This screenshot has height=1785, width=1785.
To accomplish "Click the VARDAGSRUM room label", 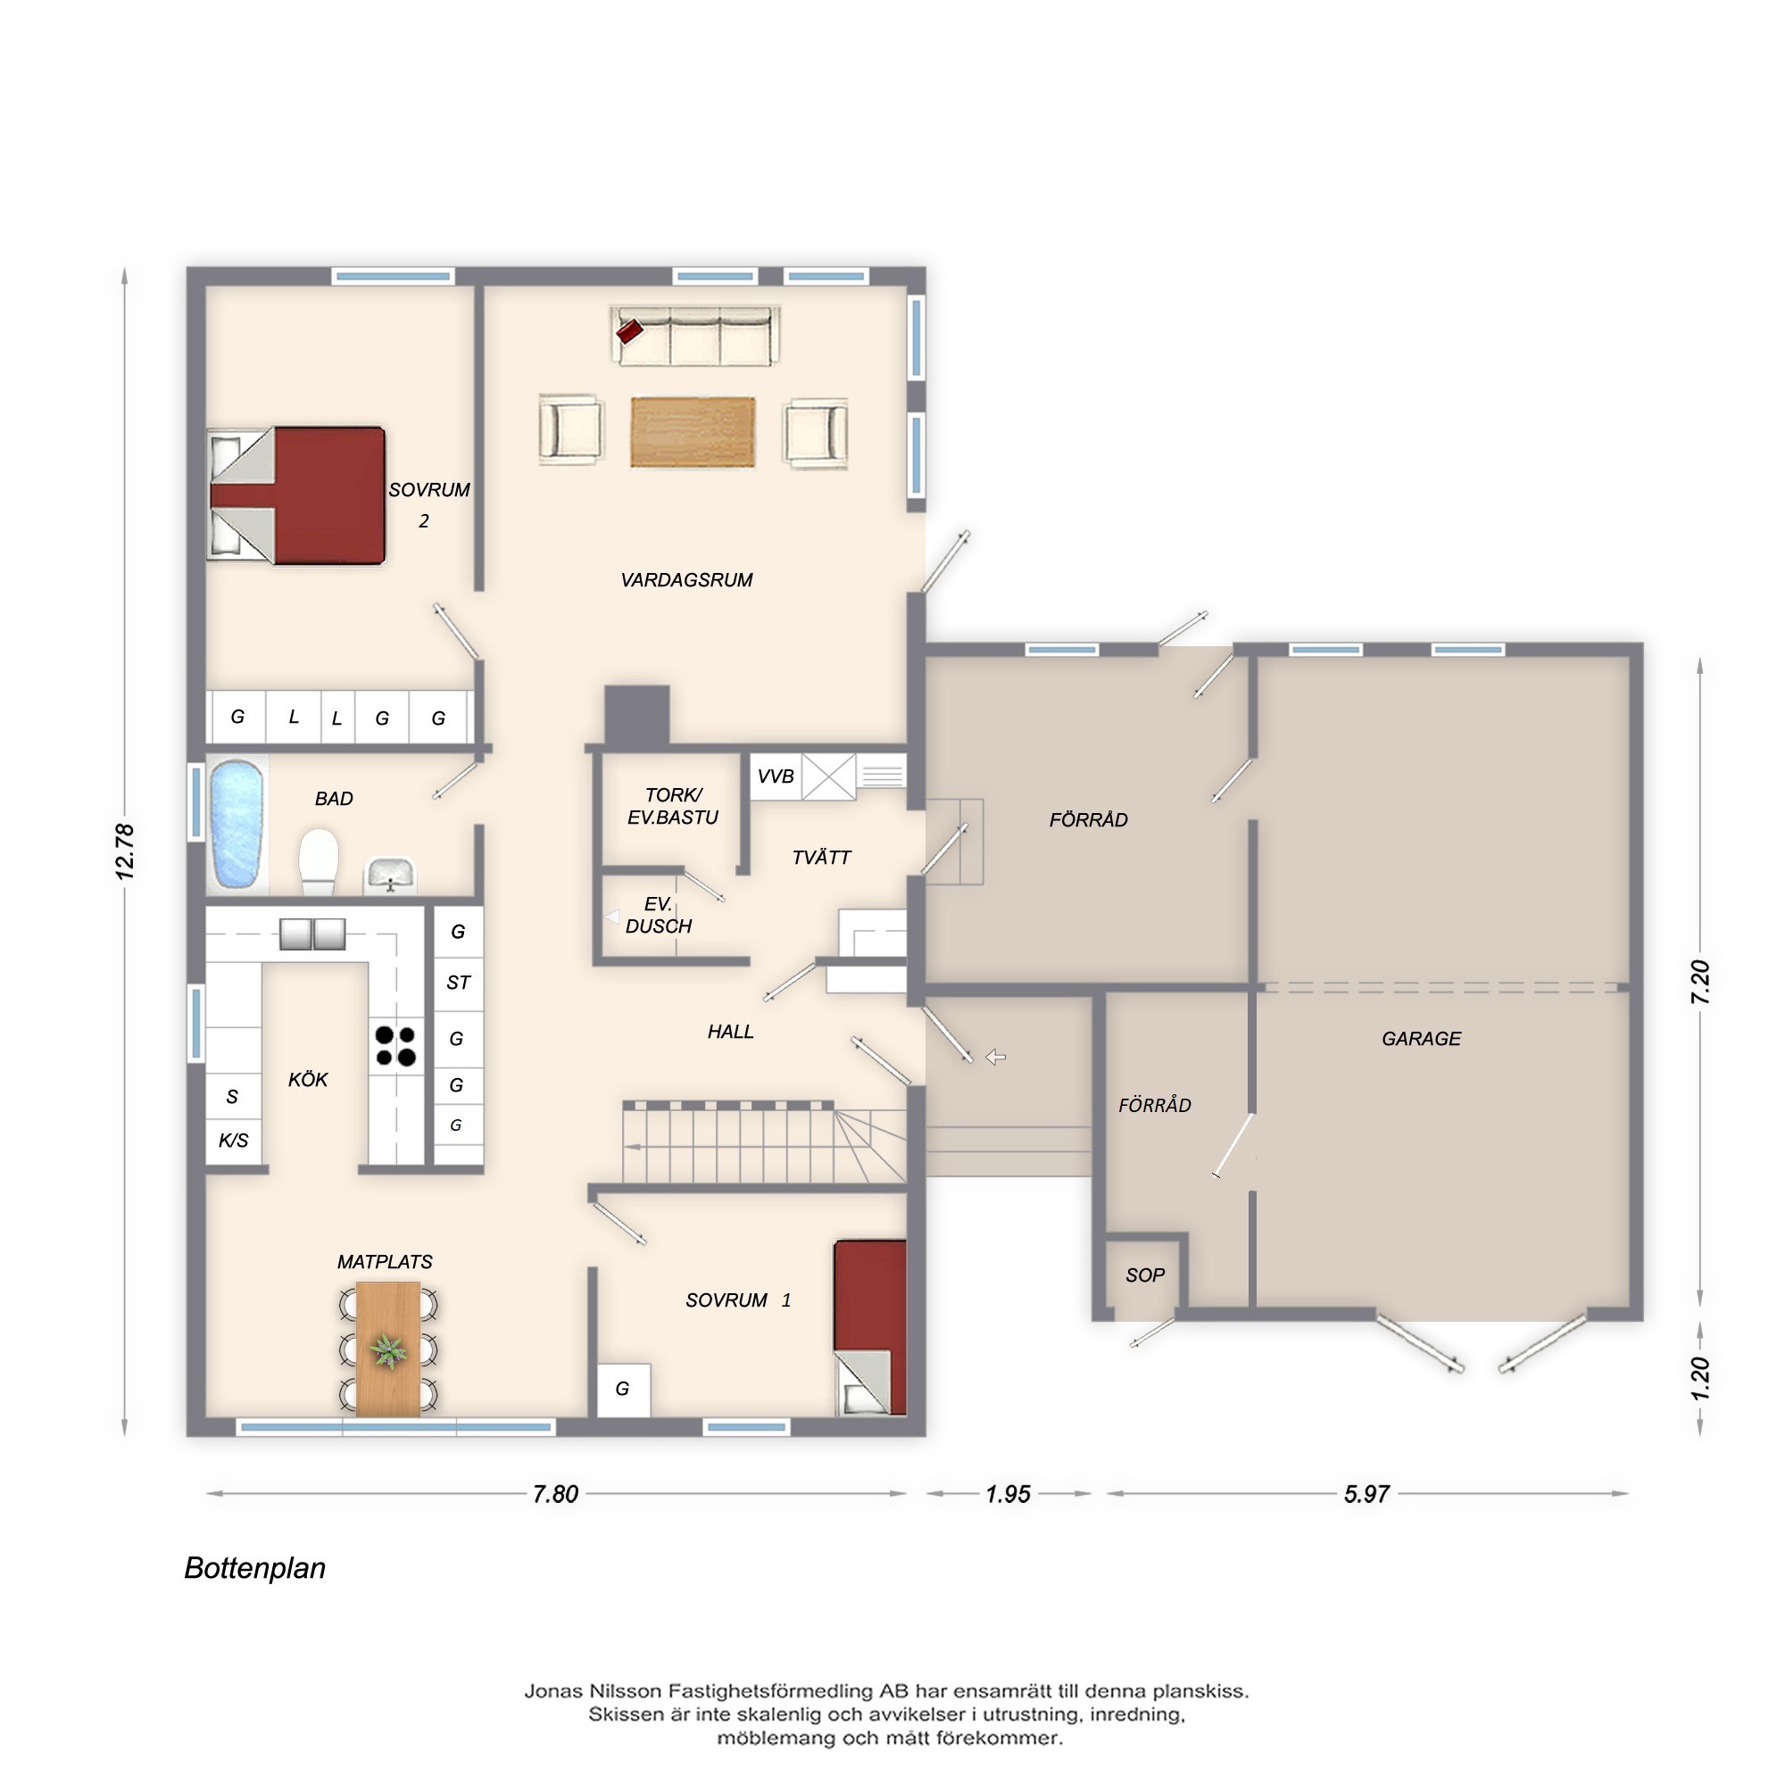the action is [686, 580].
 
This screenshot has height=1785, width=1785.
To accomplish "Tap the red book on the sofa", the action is [629, 331].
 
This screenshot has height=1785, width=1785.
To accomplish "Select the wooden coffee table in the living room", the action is [693, 432].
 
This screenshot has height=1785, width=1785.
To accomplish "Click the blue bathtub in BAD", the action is [236, 823].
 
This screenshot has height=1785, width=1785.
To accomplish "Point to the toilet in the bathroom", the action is [319, 861].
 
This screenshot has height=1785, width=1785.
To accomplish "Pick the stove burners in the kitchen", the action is [395, 1046].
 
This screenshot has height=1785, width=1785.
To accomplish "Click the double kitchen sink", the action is [313, 934].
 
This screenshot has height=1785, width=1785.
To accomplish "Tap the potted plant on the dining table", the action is [388, 1350].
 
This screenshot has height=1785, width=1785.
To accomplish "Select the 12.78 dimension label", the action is [125, 851].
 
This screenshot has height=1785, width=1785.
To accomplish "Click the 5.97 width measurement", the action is [1366, 1494].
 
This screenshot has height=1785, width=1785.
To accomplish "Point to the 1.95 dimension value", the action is [1008, 1494].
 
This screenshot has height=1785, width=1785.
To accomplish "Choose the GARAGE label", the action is [1421, 1039].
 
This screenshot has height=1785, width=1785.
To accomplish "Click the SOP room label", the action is [1145, 1275].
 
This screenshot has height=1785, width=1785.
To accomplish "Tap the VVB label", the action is [776, 776].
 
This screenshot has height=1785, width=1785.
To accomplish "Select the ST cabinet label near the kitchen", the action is [458, 982].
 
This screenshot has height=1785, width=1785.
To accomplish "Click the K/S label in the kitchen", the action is [233, 1140].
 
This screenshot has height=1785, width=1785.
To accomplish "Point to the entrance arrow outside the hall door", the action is [995, 1057].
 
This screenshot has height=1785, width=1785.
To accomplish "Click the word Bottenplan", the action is [255, 1568].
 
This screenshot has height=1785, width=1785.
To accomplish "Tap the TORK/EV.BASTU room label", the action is [673, 806].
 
